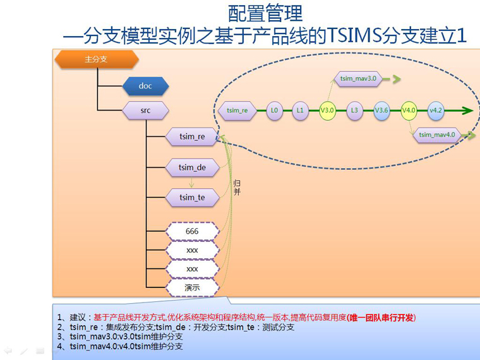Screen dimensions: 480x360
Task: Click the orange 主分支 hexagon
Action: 97,59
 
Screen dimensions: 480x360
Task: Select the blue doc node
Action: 145,86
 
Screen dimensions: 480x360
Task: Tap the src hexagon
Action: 145,110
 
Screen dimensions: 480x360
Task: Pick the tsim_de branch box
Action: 192,167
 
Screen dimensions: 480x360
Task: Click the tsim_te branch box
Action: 192,198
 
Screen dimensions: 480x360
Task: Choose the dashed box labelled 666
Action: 192,231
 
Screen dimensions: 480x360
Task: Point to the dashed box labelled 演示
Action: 192,287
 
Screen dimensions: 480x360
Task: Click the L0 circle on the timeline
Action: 274,111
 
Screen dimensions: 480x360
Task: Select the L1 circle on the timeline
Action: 300,111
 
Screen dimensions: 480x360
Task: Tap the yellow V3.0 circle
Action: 327,111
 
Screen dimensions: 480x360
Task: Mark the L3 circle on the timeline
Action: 354,111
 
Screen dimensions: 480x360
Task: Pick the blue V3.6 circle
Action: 381,111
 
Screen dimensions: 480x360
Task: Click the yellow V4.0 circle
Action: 409,111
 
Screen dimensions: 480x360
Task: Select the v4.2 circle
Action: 436,111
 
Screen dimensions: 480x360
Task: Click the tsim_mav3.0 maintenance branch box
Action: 358,79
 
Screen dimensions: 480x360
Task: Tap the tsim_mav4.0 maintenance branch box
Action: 437,135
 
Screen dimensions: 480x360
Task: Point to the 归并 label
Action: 237,188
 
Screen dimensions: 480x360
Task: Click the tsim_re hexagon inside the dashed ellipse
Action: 237,111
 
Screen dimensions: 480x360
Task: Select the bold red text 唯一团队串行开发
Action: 381,318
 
